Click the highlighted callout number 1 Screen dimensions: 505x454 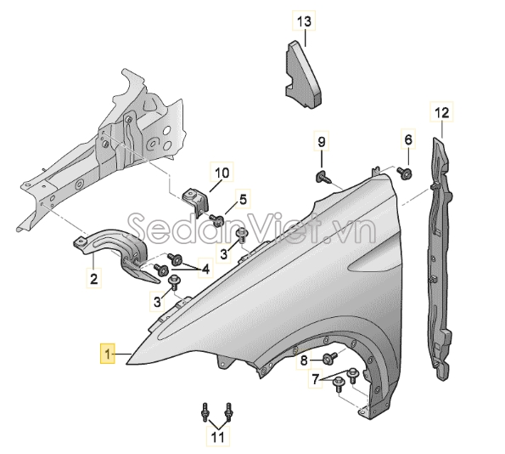108,354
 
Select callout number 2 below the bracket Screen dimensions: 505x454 93,278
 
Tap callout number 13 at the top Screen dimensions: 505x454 304,20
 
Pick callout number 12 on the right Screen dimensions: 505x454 441,112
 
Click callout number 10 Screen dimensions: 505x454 222,173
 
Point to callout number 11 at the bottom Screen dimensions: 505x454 218,437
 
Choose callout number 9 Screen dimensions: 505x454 322,141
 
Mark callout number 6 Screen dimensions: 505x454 408,139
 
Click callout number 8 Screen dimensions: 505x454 304,360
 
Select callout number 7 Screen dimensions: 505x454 315,378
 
